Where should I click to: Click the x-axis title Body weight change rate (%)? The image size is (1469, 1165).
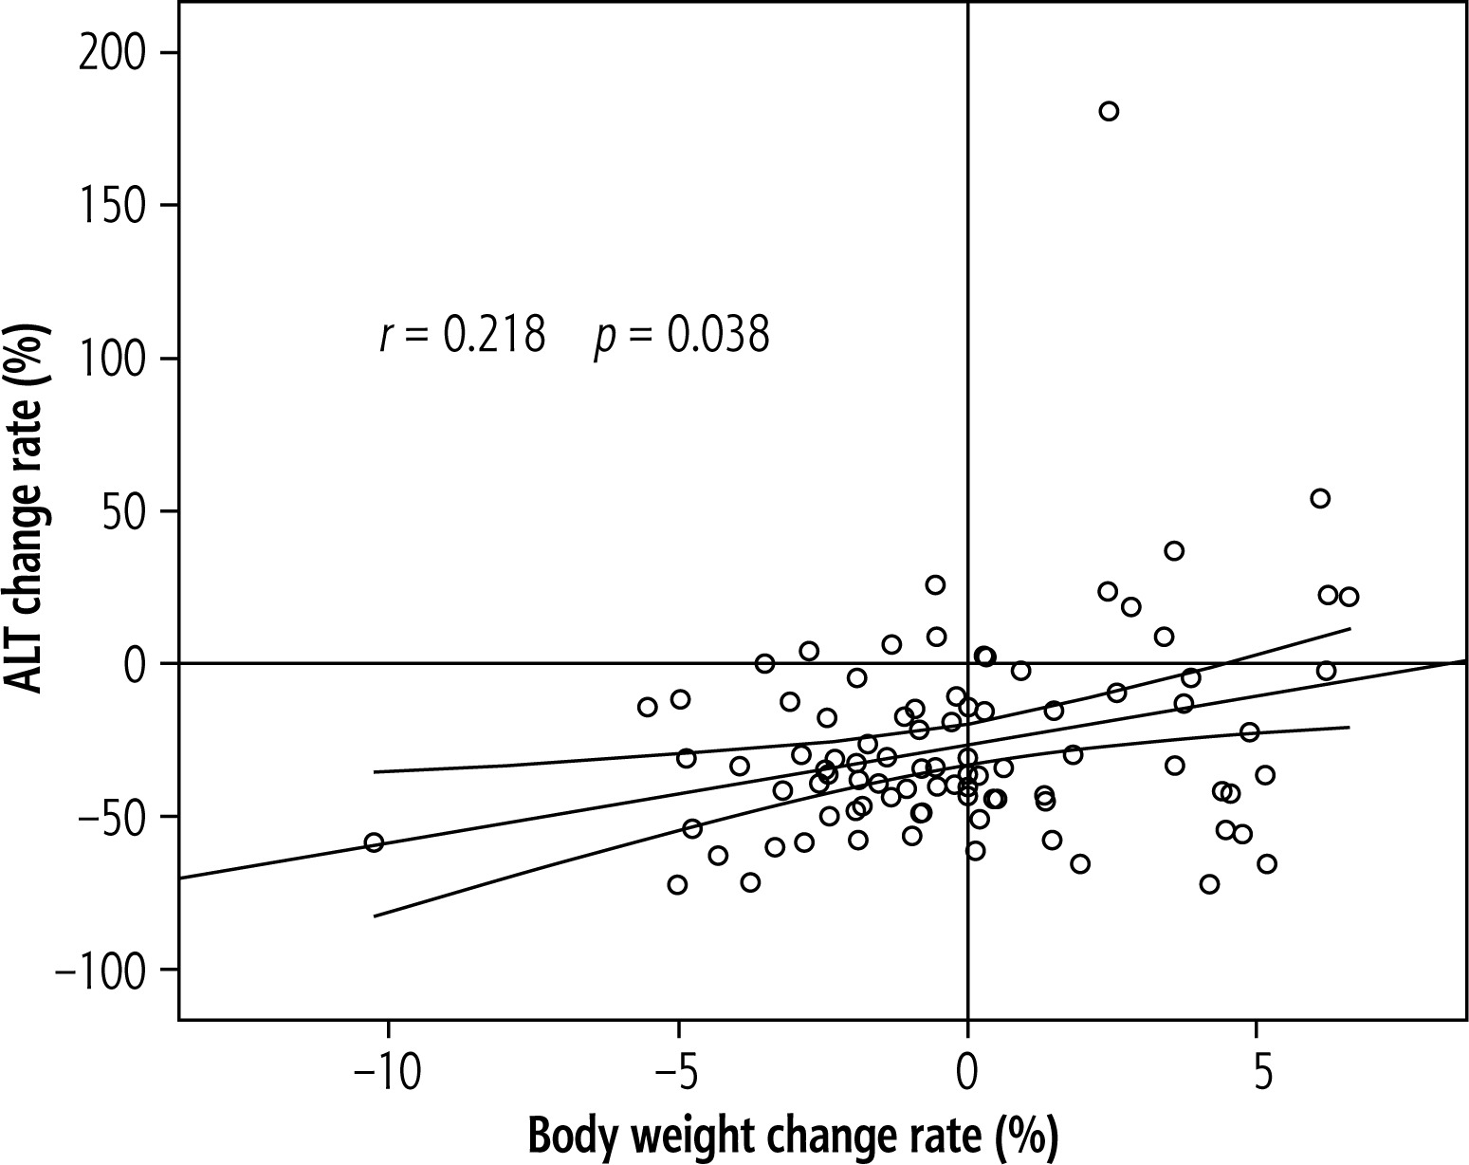pos(792,1134)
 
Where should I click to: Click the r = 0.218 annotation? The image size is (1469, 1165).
pos(462,336)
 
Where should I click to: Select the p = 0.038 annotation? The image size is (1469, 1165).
pos(681,336)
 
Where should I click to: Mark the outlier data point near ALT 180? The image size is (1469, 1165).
pos(1109,111)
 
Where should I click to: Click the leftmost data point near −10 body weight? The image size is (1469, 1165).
pos(374,842)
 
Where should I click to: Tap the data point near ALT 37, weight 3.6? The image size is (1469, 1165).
pos(1174,550)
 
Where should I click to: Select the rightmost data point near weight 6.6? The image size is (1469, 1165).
pos(1349,597)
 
